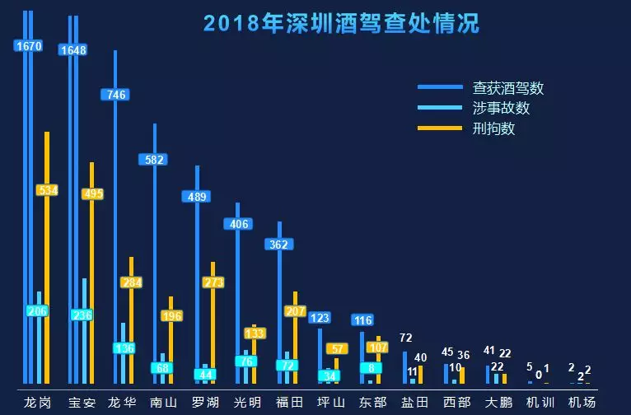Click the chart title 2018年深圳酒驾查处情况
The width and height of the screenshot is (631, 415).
click(340, 23)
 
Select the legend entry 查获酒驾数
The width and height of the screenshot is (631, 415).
click(508, 87)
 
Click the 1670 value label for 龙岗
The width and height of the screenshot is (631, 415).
click(28, 46)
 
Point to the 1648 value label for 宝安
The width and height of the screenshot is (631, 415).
click(73, 50)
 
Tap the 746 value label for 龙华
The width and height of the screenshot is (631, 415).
click(115, 95)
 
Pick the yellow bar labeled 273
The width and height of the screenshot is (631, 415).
click(213, 321)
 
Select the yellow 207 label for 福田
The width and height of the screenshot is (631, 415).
click(295, 311)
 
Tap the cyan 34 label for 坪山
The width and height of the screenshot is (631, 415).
click(329, 376)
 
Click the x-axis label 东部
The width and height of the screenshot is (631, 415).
click(372, 403)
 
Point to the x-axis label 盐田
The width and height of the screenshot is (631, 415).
click(414, 403)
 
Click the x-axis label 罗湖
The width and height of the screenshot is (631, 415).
click(204, 403)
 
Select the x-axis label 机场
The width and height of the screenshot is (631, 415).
click(582, 403)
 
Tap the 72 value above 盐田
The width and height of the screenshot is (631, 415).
click(406, 338)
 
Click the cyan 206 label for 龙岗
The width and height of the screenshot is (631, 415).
click(37, 310)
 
